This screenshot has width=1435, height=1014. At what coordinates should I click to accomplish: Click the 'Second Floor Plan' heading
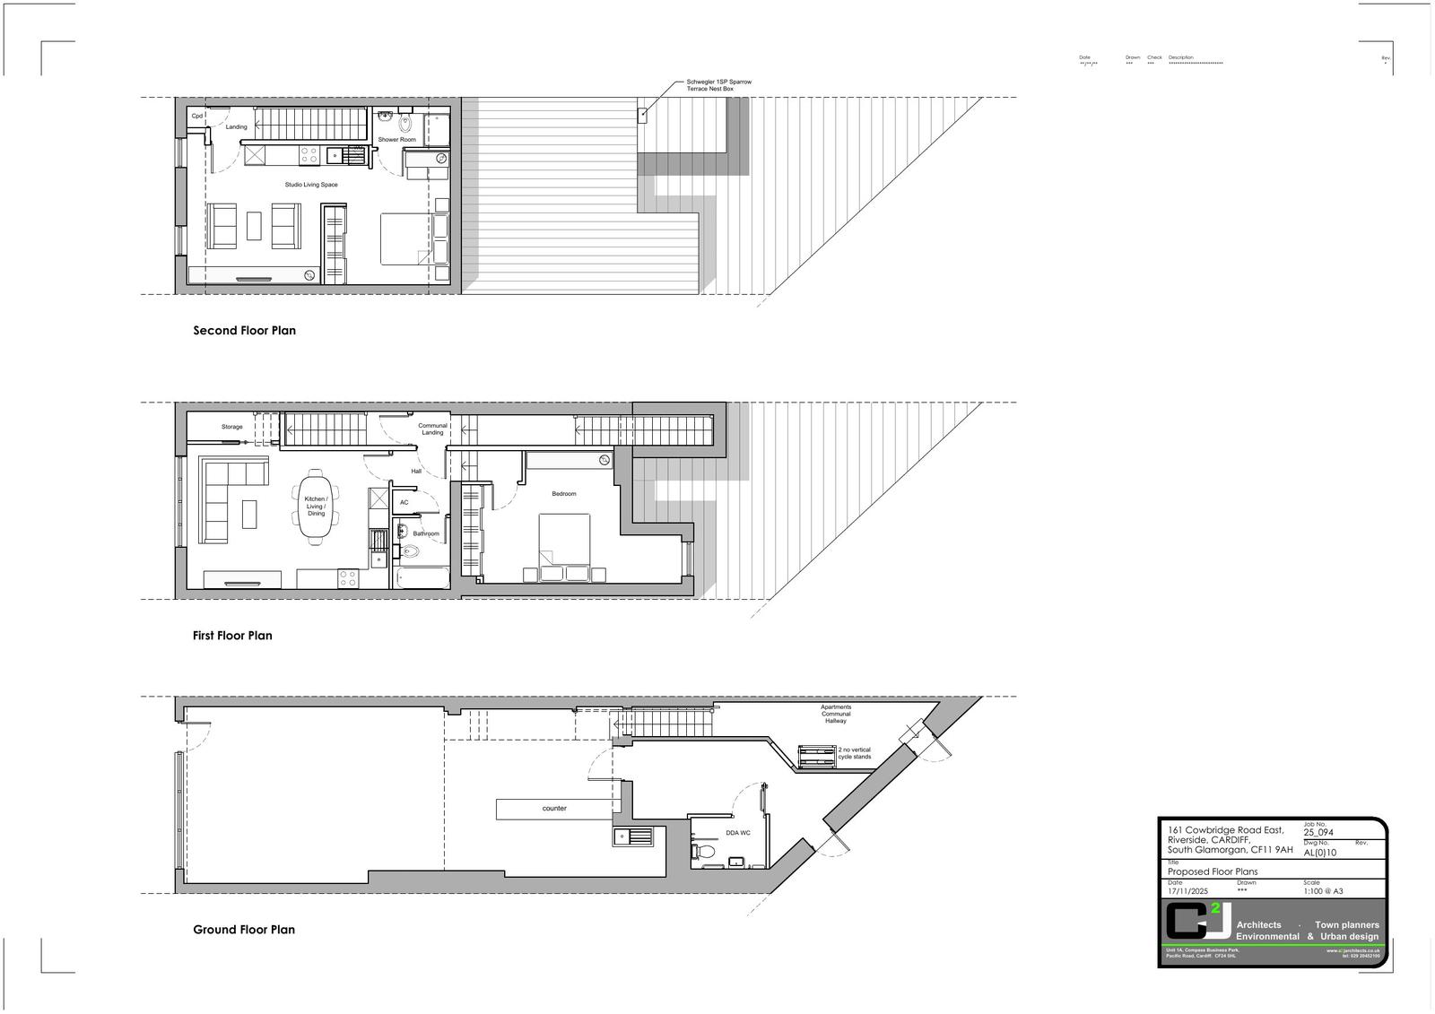(x=244, y=331)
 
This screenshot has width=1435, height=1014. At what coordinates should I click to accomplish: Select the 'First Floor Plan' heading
(x=232, y=636)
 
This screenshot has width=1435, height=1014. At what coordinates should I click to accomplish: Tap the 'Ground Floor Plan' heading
(x=244, y=930)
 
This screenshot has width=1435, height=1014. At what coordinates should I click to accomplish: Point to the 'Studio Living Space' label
(x=311, y=185)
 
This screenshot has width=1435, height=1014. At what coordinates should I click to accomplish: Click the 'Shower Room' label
(x=396, y=140)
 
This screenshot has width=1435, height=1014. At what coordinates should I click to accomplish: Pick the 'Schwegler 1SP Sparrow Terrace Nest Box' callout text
(x=718, y=86)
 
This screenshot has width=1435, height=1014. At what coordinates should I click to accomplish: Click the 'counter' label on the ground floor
(x=554, y=809)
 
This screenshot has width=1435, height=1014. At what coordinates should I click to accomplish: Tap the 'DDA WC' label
(x=738, y=833)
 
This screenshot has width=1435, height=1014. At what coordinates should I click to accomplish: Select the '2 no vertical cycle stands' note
(x=854, y=753)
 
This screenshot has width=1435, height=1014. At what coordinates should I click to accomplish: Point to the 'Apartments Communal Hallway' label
(x=836, y=714)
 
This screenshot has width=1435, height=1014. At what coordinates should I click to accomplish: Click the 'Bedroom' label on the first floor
(x=564, y=494)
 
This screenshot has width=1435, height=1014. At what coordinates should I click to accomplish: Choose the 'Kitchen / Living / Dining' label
(x=316, y=507)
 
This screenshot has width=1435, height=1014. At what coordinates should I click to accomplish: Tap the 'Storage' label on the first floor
(x=231, y=427)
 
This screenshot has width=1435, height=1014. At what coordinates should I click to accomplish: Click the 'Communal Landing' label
(x=432, y=429)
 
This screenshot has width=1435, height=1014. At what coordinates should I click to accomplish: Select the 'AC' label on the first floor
(x=404, y=502)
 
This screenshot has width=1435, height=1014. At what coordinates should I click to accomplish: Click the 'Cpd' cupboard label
(x=196, y=116)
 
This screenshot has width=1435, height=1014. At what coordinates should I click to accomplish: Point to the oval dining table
(x=316, y=507)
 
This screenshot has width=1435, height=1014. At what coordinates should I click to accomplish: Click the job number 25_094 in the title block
(x=1318, y=833)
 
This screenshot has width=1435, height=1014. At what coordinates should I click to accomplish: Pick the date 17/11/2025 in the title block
(x=1188, y=891)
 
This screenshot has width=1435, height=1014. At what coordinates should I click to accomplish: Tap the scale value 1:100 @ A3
(x=1323, y=891)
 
